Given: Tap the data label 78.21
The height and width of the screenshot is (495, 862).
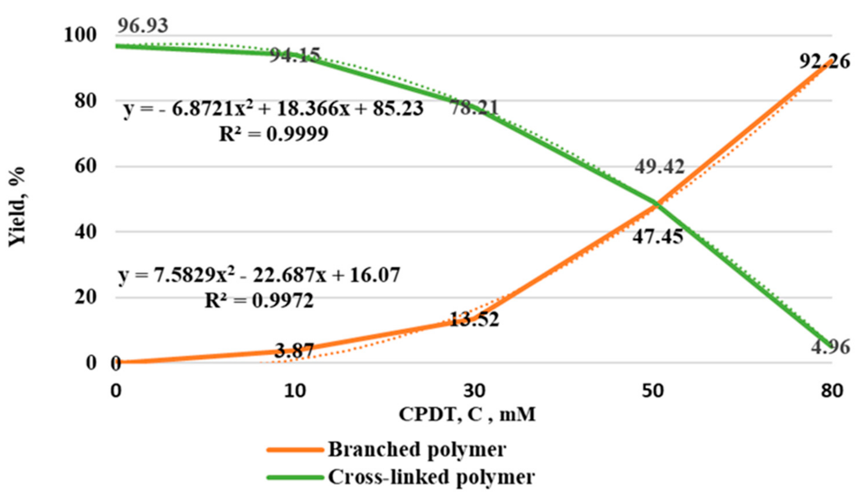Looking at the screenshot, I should (x=475, y=108).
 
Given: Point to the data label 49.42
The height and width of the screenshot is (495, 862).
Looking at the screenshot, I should (x=659, y=167).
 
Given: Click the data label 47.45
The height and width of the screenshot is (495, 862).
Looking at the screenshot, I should (x=658, y=237).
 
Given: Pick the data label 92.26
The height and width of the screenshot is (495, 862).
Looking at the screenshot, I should (x=824, y=61).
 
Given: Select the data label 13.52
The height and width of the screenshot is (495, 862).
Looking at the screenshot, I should (x=475, y=320).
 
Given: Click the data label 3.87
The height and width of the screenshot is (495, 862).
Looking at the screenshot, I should (x=294, y=350).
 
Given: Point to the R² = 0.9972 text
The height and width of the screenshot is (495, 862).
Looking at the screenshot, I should (x=259, y=301).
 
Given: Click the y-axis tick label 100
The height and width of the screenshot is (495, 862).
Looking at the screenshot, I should (x=80, y=35).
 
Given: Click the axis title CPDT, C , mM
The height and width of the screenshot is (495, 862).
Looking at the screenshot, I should (x=467, y=415).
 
